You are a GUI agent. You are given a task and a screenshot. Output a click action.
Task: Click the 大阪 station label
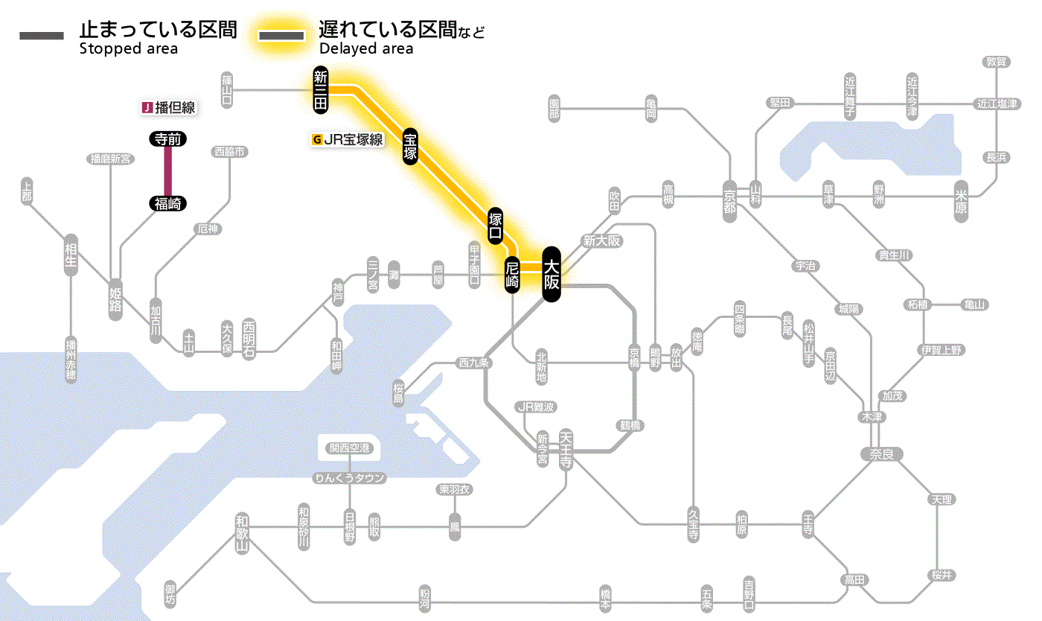point(551,274)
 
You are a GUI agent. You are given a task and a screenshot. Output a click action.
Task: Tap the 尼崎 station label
point(512,274)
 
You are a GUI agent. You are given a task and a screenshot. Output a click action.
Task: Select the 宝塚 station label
point(410,145)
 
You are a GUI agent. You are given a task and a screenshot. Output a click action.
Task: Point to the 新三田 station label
point(321,89)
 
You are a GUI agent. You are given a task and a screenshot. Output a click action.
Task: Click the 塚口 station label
point(496,226)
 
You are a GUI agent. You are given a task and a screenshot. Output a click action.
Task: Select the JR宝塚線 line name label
point(348,139)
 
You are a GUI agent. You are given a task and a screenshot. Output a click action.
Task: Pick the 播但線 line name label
point(169,108)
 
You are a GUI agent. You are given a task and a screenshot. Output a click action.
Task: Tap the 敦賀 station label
point(997,62)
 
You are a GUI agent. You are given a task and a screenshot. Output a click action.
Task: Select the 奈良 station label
point(880,453)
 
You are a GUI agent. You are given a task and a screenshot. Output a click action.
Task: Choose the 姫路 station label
point(116,296)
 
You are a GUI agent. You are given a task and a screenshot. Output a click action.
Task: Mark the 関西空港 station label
point(354,448)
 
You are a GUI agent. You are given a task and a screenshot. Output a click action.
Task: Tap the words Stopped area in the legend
point(129,49)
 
